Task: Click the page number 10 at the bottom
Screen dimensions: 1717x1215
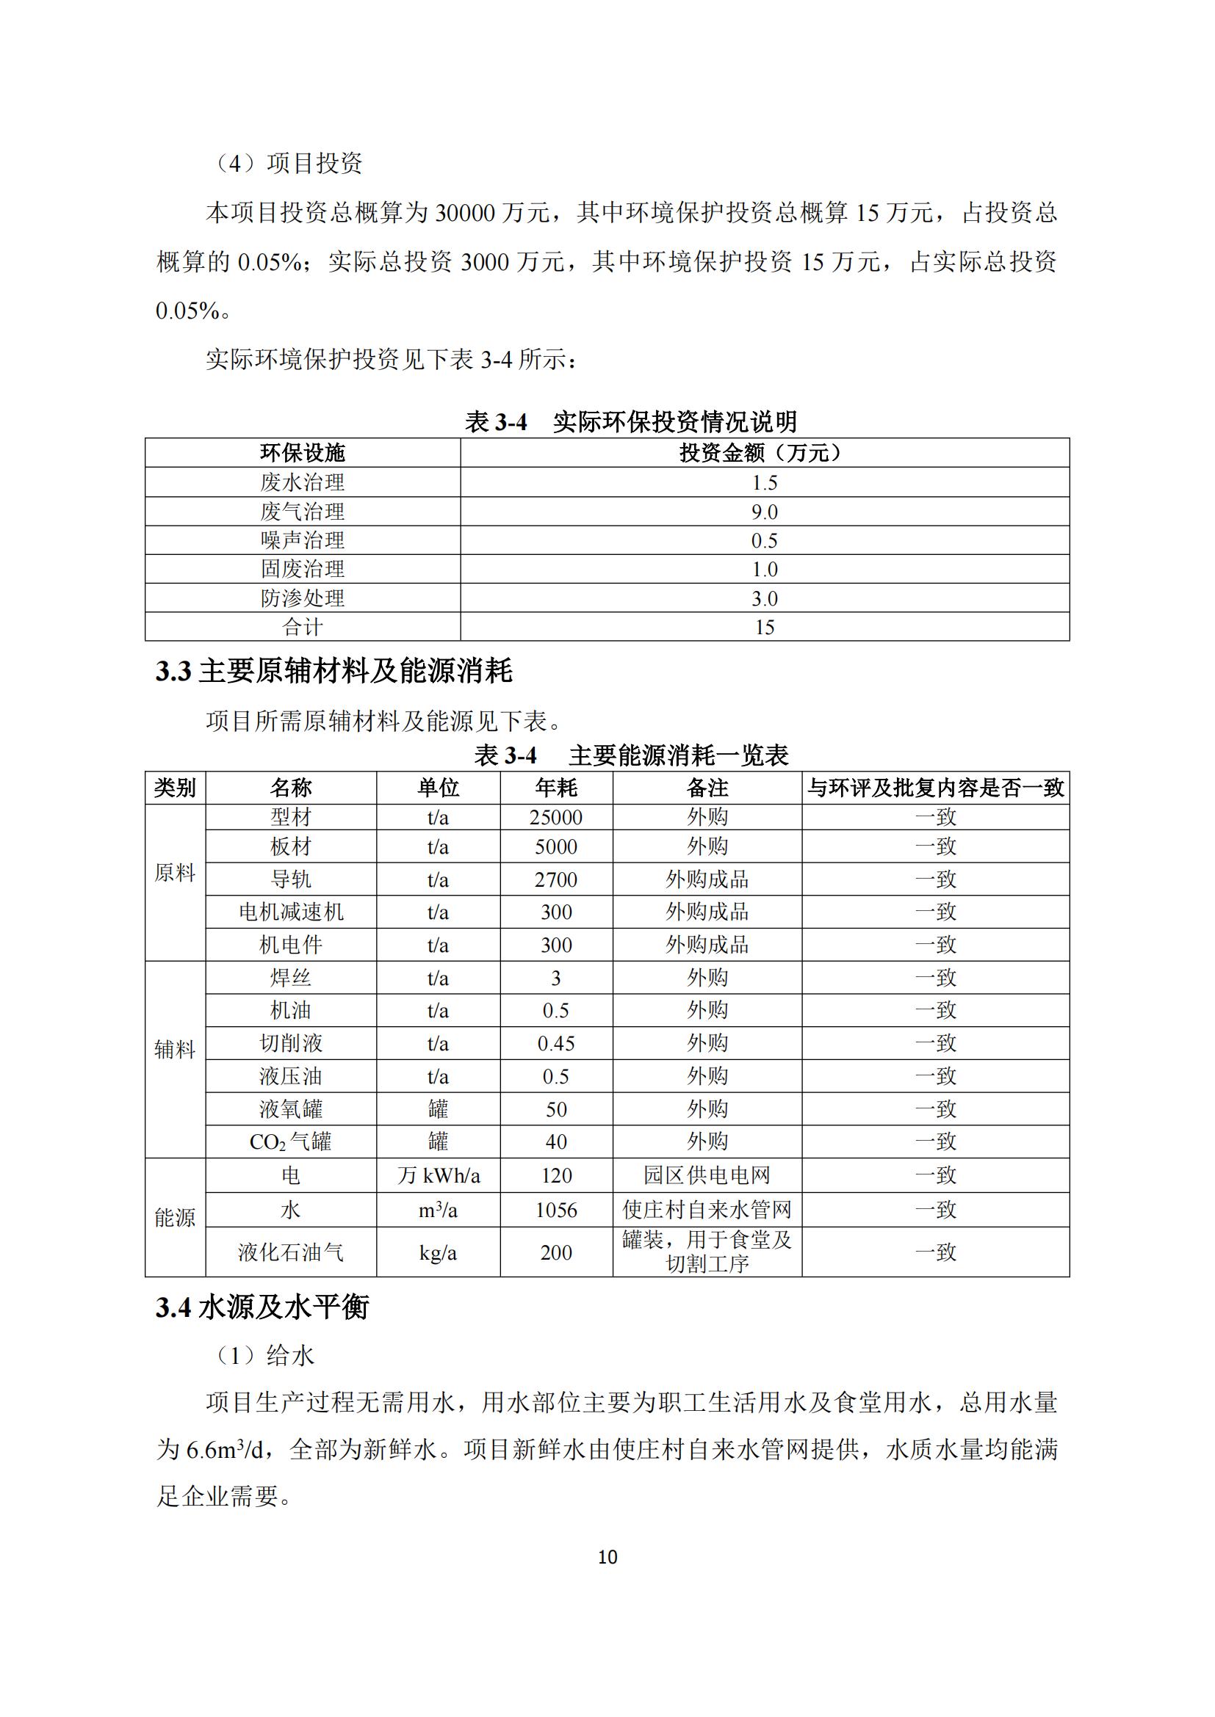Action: (x=607, y=1557)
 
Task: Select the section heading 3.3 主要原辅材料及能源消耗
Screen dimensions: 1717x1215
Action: (x=334, y=671)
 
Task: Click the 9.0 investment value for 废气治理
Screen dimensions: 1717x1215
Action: (x=765, y=512)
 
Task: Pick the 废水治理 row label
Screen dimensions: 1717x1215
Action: (x=302, y=482)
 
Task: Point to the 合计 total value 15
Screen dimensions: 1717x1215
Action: (x=765, y=627)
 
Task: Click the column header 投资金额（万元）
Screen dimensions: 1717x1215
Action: (x=765, y=453)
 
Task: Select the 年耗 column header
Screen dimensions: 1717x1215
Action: (x=556, y=788)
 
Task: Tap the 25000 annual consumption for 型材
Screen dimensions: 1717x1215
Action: (x=556, y=817)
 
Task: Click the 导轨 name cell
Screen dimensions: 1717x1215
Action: (x=290, y=879)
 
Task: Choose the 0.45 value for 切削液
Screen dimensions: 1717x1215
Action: (x=556, y=1043)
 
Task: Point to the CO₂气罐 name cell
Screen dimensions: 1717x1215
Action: (x=290, y=1142)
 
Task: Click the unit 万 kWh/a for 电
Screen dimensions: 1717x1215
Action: (x=439, y=1175)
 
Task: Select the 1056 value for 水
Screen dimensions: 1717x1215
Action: (x=556, y=1210)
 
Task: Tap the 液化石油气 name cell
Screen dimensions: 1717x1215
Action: (x=290, y=1252)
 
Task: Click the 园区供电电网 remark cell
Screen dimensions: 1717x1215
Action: (x=707, y=1175)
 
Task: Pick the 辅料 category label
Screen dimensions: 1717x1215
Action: (x=175, y=1050)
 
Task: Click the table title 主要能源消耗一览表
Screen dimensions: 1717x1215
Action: (x=679, y=755)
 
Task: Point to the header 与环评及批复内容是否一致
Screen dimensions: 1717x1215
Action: (x=935, y=788)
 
